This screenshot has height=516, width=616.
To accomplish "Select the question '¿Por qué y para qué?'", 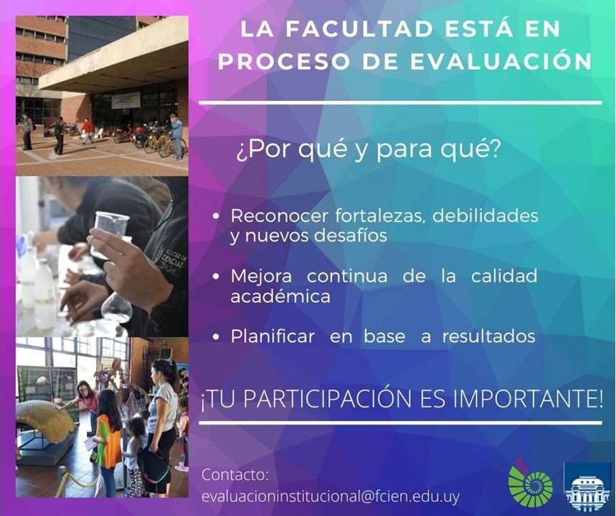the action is (367, 150).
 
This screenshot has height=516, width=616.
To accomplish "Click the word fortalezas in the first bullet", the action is (380, 216).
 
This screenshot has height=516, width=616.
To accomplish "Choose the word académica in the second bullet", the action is (280, 296).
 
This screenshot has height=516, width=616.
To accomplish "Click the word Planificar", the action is (273, 337).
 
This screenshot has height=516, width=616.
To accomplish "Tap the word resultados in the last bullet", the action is (489, 337).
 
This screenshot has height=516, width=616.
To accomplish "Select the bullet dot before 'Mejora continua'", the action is (215, 277).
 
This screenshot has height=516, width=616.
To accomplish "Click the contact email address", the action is (331, 497).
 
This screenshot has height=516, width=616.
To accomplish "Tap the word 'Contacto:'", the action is (235, 474).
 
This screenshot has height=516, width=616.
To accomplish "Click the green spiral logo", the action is (531, 484).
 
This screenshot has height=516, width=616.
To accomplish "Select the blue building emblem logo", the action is (587, 487).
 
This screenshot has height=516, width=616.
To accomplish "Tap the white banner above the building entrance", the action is (125, 100).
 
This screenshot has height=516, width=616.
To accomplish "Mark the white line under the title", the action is (401, 103).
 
